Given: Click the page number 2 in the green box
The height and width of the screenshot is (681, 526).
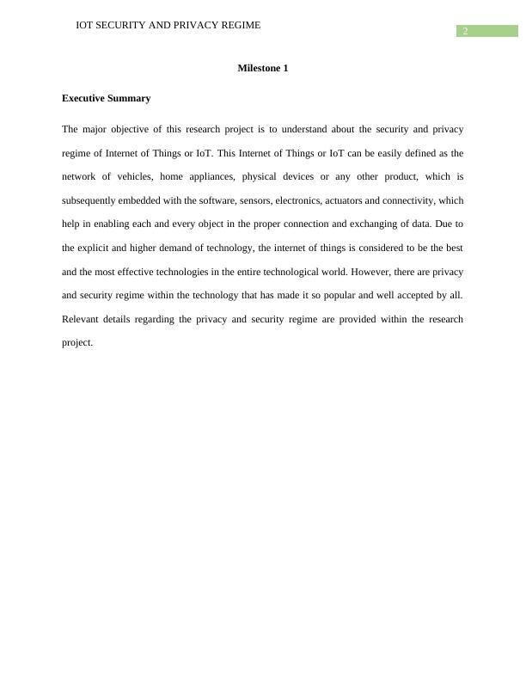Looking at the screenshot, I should pyautogui.click(x=465, y=32).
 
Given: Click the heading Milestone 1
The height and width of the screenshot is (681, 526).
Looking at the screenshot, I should pyautogui.click(x=262, y=68).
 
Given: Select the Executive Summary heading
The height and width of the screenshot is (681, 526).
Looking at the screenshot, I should pyautogui.click(x=106, y=98).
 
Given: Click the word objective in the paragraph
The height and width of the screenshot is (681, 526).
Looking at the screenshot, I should pyautogui.click(x=132, y=129).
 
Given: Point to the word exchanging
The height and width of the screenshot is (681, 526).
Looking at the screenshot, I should pyautogui.click(x=394, y=224).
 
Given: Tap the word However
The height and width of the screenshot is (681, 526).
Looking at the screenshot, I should pyautogui.click(x=364, y=272).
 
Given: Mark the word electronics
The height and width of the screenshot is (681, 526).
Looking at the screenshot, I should pyautogui.click(x=297, y=200).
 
